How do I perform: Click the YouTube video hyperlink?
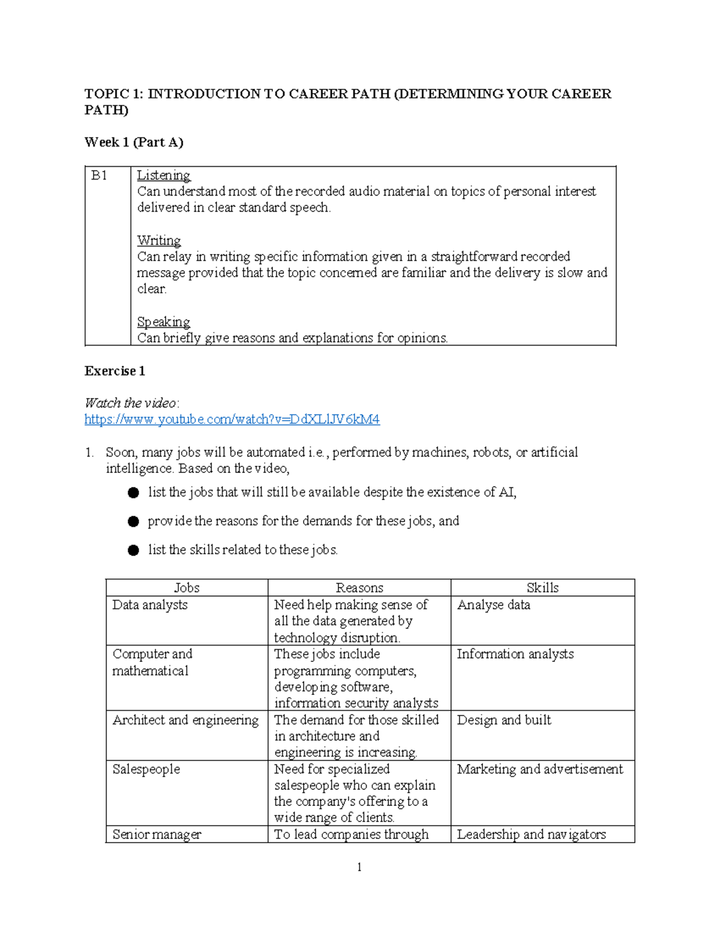pos(232,419)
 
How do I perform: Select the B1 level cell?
pos(99,175)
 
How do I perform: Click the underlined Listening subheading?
pos(163,175)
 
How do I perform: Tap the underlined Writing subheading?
pos(158,241)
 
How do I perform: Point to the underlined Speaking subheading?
pos(163,322)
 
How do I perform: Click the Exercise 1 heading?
pos(115,371)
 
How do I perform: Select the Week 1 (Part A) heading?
pos(134,142)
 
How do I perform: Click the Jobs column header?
pos(187,588)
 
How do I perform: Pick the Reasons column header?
pos(359,588)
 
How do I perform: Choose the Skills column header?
pos(542,588)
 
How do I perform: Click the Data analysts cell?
pos(150,605)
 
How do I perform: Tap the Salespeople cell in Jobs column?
pos(146,769)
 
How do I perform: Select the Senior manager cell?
pos(157,834)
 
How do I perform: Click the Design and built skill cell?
pos(503,720)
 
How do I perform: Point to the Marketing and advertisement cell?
pos(539,769)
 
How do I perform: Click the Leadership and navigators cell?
pos(531,834)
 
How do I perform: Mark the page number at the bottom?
pos(359,867)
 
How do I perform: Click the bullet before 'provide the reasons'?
pos(133,522)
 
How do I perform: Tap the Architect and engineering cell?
pos(185,720)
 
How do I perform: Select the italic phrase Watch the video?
pos(131,403)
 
